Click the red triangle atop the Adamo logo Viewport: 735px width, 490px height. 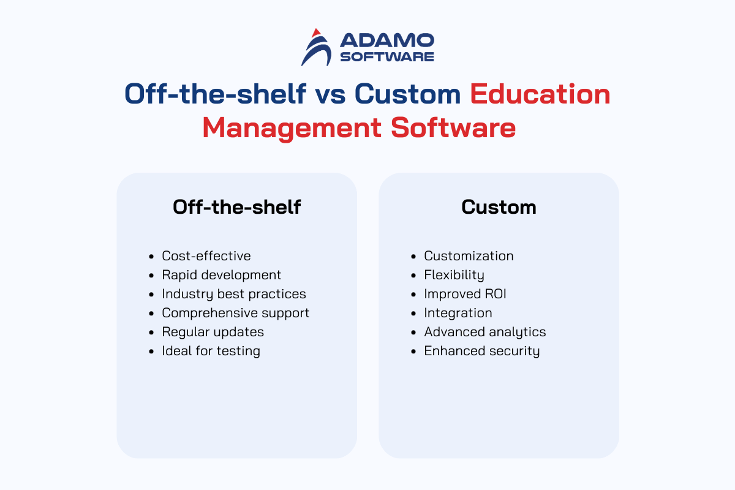(x=316, y=33)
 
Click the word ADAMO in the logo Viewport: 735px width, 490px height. (x=387, y=40)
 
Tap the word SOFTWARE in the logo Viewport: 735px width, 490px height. (x=387, y=57)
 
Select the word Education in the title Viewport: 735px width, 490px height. (x=540, y=94)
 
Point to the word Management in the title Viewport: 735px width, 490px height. (x=292, y=129)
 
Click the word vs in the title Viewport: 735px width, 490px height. (x=330, y=95)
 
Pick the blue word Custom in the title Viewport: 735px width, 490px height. (x=408, y=94)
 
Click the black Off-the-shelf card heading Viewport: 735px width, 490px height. (x=236, y=207)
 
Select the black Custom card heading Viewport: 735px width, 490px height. (x=499, y=208)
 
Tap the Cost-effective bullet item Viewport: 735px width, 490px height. (x=206, y=256)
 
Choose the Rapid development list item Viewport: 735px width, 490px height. (x=222, y=275)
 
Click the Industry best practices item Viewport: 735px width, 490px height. (x=233, y=294)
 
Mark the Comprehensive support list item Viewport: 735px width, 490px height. (x=236, y=313)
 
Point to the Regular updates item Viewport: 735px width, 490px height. (x=213, y=332)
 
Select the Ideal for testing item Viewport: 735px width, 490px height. (x=211, y=351)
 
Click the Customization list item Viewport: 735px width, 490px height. (x=469, y=256)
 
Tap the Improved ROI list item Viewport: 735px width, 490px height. (x=465, y=294)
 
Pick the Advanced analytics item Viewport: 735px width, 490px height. (x=485, y=332)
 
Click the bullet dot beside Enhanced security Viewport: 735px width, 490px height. (x=413, y=352)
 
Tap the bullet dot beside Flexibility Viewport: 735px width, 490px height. (x=413, y=276)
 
